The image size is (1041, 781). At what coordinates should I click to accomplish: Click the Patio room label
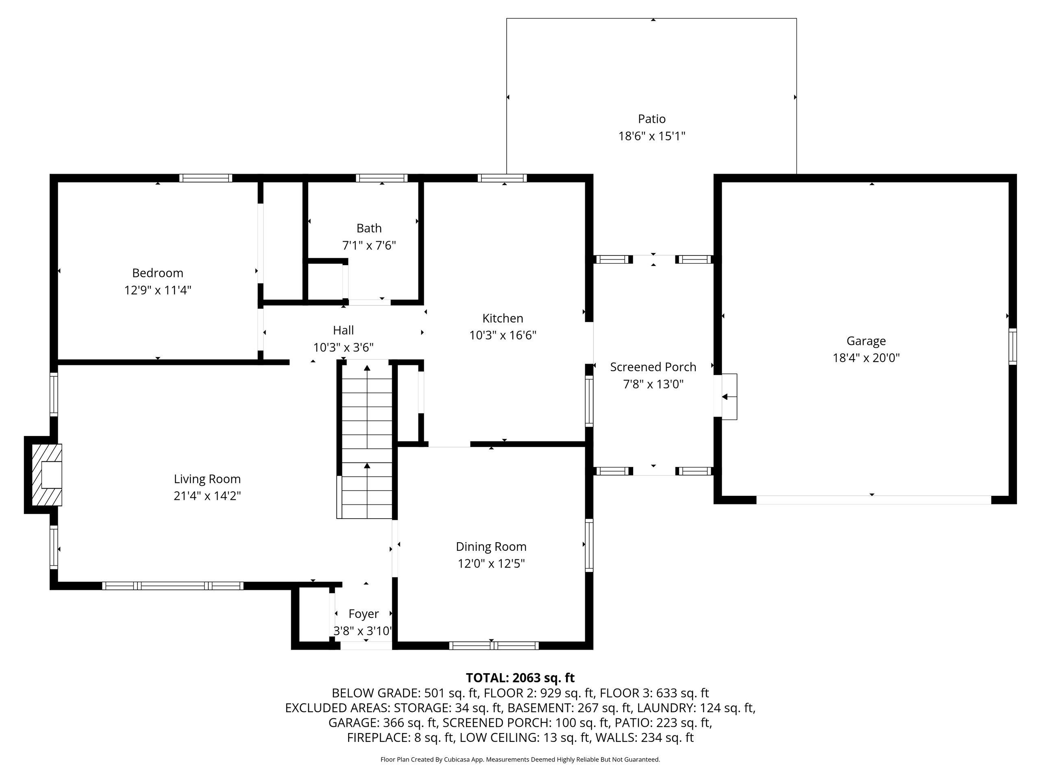pyautogui.click(x=651, y=119)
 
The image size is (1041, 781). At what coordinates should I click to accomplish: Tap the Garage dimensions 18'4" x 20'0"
pyautogui.click(x=866, y=358)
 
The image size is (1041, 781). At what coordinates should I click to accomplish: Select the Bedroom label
pyautogui.click(x=158, y=273)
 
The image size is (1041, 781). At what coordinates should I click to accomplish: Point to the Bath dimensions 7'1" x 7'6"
pyautogui.click(x=369, y=245)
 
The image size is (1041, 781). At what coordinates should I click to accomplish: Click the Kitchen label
pyautogui.click(x=503, y=318)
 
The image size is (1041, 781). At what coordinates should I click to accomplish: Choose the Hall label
pyautogui.click(x=343, y=330)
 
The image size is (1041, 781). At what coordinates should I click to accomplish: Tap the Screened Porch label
pyautogui.click(x=653, y=367)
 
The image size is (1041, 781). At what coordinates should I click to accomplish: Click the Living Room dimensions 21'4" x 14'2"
pyautogui.click(x=207, y=496)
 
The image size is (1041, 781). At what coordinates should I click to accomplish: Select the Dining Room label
pyautogui.click(x=491, y=547)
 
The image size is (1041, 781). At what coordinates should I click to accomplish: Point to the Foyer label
pyautogui.click(x=363, y=614)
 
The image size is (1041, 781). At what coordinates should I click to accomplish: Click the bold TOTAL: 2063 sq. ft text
pyautogui.click(x=520, y=678)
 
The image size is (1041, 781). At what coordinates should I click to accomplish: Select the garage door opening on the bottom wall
pyautogui.click(x=874, y=500)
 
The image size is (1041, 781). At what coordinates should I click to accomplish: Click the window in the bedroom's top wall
pyautogui.click(x=206, y=178)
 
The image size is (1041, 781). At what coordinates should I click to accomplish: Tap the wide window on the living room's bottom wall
pyautogui.click(x=173, y=586)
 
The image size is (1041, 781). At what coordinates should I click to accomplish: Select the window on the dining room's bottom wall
pyautogui.click(x=494, y=646)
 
